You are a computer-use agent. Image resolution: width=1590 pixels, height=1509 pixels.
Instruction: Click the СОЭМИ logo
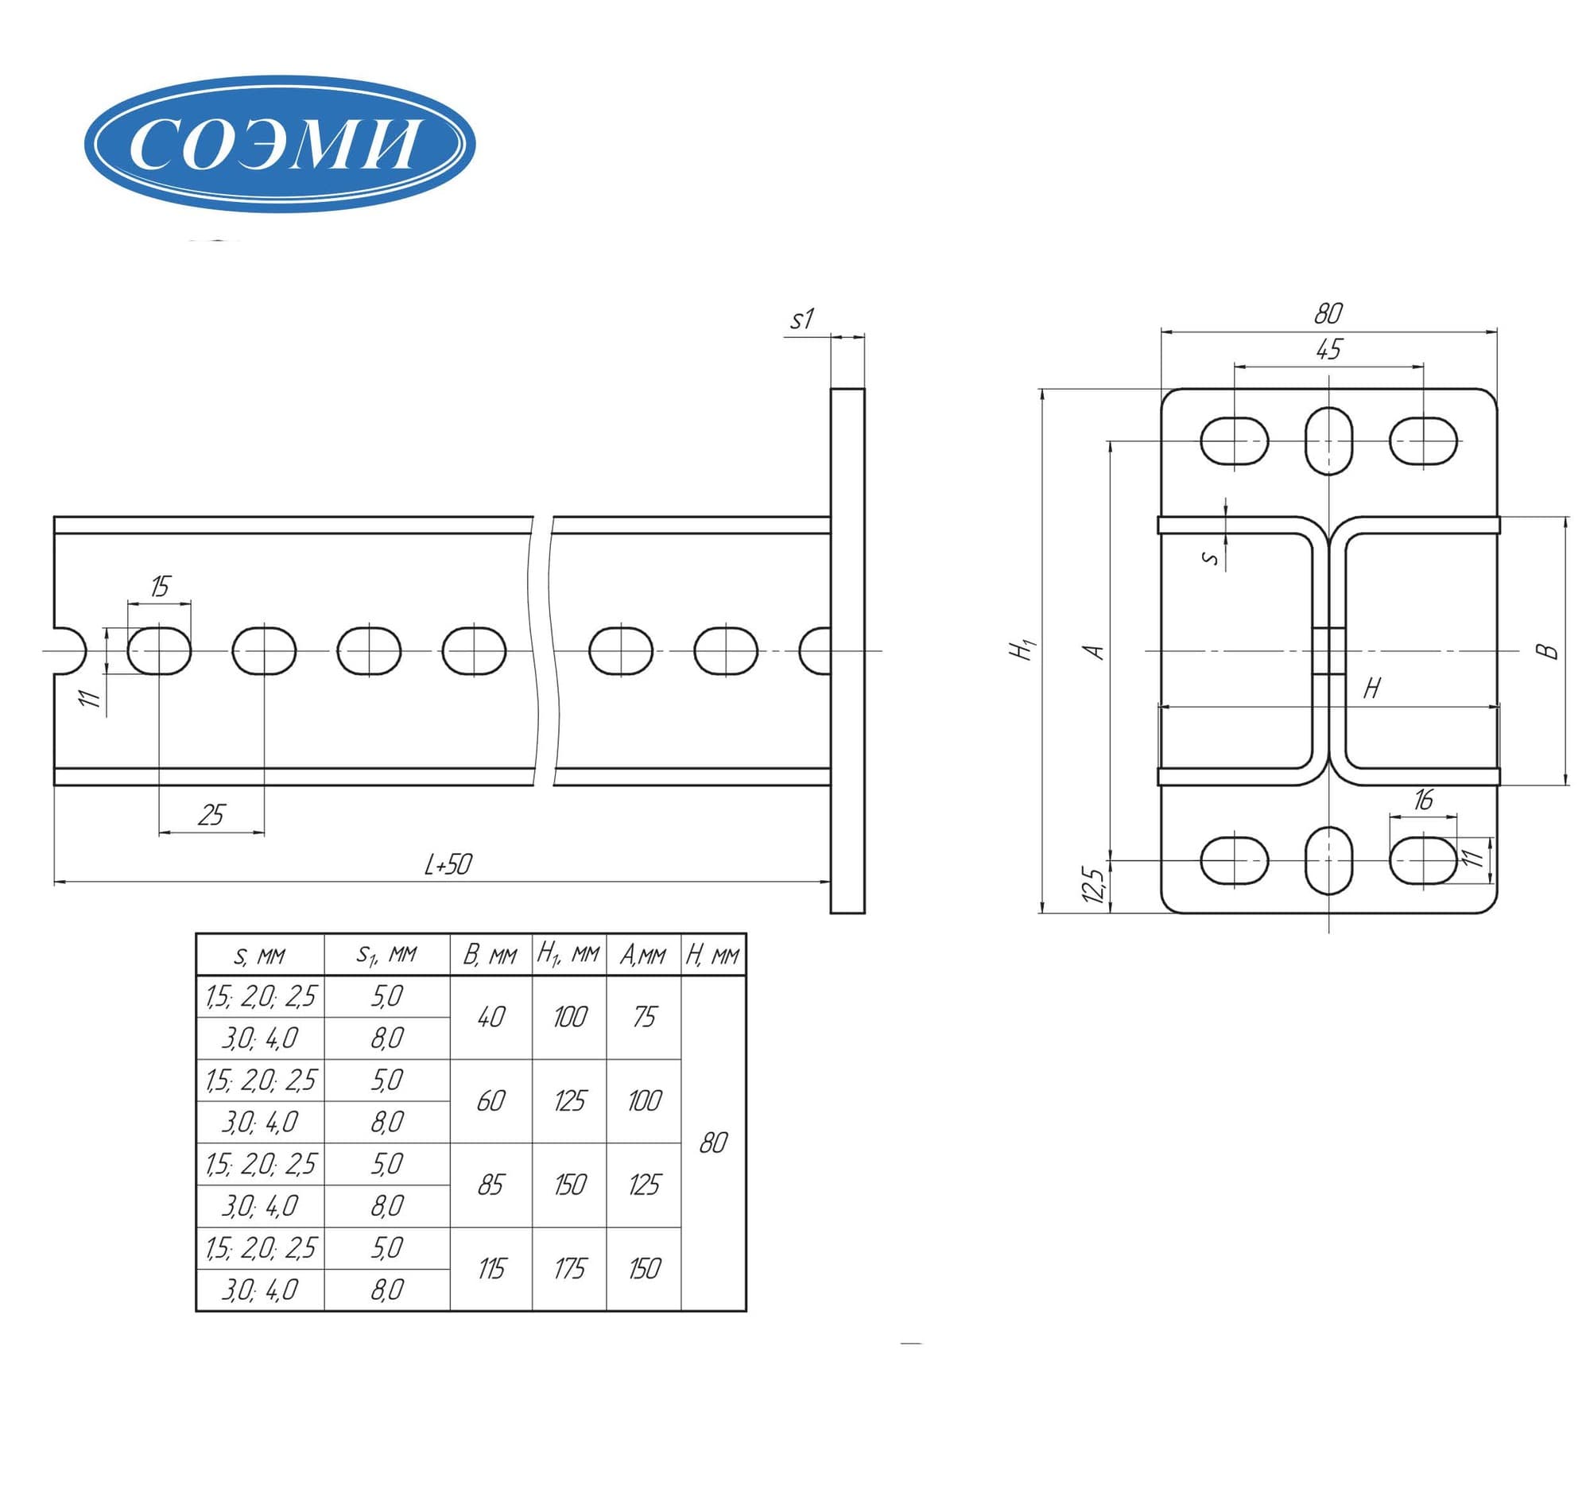(279, 144)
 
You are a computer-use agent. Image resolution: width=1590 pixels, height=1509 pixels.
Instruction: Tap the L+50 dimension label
(447, 865)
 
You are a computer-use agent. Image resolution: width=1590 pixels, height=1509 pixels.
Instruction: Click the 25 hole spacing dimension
(211, 815)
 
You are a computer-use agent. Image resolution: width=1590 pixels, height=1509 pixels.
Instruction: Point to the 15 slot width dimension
(161, 587)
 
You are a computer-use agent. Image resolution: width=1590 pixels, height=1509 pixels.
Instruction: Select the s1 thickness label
(802, 320)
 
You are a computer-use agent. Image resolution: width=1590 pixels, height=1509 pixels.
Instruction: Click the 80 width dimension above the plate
(1328, 313)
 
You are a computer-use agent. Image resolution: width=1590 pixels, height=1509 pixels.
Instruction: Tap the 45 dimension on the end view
(1328, 349)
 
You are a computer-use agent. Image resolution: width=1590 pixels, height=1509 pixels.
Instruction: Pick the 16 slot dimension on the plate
(1423, 800)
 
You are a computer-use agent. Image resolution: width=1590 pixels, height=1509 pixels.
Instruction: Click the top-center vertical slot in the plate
(1328, 440)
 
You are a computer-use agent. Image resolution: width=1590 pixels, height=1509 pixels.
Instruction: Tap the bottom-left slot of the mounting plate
(1234, 860)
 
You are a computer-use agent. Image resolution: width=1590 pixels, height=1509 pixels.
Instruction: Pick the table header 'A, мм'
(642, 955)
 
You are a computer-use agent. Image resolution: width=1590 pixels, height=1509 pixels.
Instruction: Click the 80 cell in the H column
(713, 1143)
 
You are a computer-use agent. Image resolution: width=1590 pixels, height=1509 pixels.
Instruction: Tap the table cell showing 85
(491, 1185)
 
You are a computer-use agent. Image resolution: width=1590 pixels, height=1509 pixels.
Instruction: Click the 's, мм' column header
(259, 956)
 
